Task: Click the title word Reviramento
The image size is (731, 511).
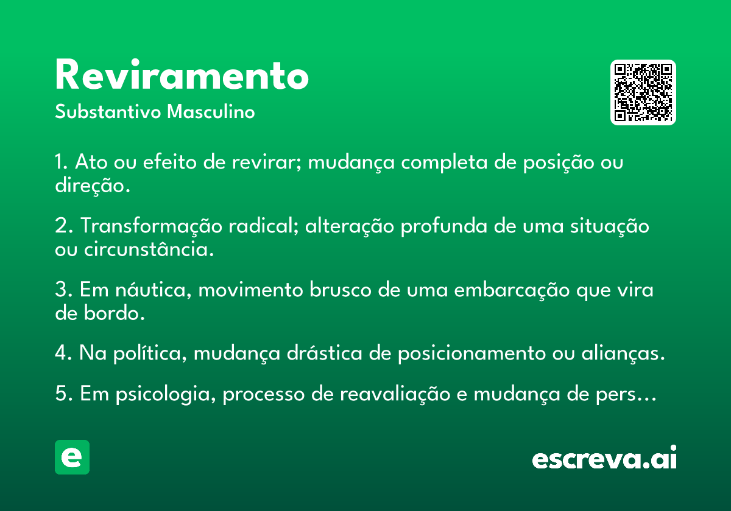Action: [182, 74]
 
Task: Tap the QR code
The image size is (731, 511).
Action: [643, 92]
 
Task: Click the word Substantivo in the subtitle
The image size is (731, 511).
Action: [108, 111]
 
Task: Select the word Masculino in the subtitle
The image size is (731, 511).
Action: [211, 111]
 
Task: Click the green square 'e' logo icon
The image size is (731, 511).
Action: [72, 457]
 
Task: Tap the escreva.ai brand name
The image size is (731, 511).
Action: [604, 457]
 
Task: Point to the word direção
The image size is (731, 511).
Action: [93, 186]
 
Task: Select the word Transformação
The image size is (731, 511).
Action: [151, 226]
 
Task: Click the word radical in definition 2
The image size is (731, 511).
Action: [263, 226]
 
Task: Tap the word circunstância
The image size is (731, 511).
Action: [149, 249]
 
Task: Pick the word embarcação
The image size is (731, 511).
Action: [512, 290]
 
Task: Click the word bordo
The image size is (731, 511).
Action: [115, 313]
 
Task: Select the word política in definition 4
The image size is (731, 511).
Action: [150, 353]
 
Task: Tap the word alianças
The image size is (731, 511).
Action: [623, 353]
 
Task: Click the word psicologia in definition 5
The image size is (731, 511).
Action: [166, 394]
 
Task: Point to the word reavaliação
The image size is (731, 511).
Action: [395, 394]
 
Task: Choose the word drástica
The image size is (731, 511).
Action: [324, 353]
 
